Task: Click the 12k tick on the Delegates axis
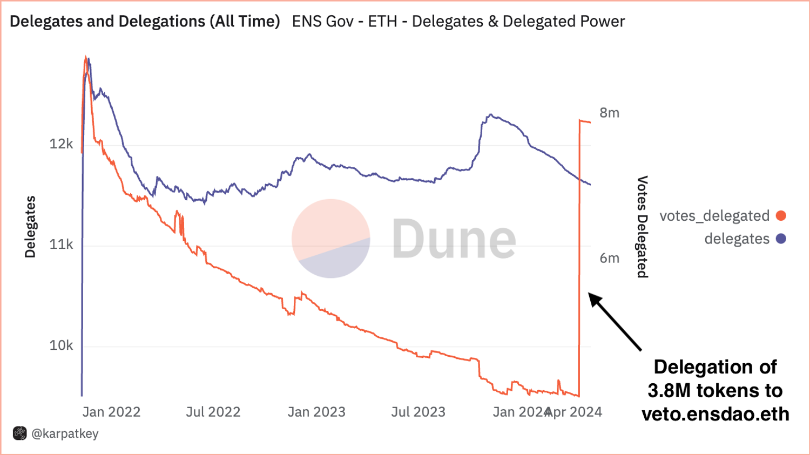click(x=61, y=144)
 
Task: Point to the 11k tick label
click(x=61, y=245)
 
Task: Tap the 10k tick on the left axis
click(x=61, y=345)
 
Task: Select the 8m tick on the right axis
click(x=609, y=113)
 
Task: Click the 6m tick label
click(x=609, y=258)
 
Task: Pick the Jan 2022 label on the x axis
click(x=111, y=412)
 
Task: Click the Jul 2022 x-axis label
click(x=213, y=412)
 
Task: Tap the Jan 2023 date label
click(x=316, y=412)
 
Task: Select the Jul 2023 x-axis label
click(x=418, y=412)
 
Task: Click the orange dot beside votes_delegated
click(x=781, y=216)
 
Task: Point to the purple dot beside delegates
click(x=781, y=239)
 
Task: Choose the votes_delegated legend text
click(x=714, y=216)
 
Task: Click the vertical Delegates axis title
click(x=30, y=227)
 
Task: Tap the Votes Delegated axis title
click(x=642, y=227)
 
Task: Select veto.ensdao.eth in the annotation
click(x=715, y=414)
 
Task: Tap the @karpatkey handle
click(x=65, y=433)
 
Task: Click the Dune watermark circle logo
click(x=330, y=239)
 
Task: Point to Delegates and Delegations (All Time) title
click(x=145, y=22)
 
